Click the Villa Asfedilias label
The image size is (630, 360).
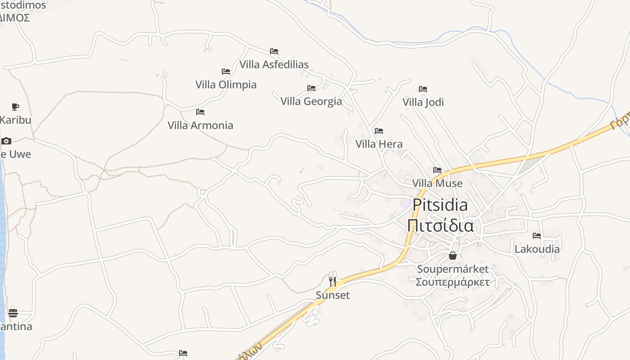[x=274, y=64]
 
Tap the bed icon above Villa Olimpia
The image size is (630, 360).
[x=226, y=72]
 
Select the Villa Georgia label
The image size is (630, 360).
[x=311, y=101]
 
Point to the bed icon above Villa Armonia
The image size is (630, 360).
[x=200, y=112]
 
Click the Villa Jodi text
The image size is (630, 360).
[x=423, y=102]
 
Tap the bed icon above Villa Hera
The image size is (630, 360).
[x=379, y=131]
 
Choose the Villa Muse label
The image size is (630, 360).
[x=437, y=183]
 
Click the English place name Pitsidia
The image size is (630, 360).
[x=440, y=205]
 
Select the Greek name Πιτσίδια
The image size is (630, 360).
[x=440, y=225]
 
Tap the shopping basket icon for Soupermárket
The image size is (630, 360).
[x=453, y=256]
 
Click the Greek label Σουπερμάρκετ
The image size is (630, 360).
[x=453, y=282]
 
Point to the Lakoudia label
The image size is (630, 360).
[x=537, y=249]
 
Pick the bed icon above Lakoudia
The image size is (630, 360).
[x=537, y=235]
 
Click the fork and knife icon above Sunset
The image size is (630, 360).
[x=333, y=282]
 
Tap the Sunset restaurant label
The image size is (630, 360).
[x=333, y=295]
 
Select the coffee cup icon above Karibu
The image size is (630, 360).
[x=15, y=107]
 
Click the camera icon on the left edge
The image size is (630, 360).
[x=6, y=141]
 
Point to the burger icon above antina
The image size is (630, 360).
[x=13, y=313]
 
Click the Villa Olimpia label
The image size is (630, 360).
[x=226, y=85]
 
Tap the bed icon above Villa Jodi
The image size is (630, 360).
[x=423, y=89]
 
